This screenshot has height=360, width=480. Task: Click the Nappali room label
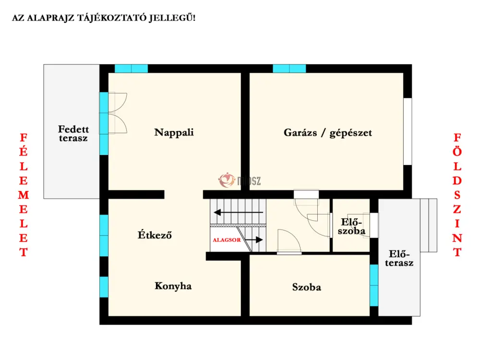tap(174, 132)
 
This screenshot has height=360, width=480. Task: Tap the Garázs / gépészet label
tap(327, 133)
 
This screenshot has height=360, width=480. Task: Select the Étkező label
tap(155, 235)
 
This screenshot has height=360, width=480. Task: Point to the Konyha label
tap(173, 286)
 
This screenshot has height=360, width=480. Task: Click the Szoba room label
tap(306, 287)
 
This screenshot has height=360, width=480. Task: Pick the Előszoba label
tap(351, 226)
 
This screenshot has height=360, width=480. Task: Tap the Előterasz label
tap(399, 258)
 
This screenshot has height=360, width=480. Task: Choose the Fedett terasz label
tap(73, 133)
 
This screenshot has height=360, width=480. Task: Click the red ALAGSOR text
tap(227, 240)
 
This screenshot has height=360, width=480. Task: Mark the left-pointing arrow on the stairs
tap(239, 212)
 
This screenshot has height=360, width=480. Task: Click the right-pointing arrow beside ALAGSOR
tap(254, 240)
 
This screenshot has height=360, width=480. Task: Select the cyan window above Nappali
tap(132, 69)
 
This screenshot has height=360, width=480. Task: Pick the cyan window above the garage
tap(289, 69)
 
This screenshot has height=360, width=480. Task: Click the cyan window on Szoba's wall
tap(374, 285)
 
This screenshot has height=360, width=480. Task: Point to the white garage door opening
tap(408, 132)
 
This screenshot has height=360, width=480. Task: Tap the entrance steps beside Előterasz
tap(429, 225)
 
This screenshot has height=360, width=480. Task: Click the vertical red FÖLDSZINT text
tap(457, 195)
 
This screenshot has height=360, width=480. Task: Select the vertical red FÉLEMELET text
tap(24, 195)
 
